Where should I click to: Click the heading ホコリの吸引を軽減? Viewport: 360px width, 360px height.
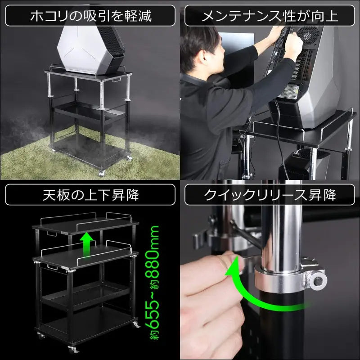pos(91,16)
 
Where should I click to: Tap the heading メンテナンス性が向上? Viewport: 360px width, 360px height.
pos(270,16)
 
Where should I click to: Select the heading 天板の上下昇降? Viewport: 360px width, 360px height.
pos(91,195)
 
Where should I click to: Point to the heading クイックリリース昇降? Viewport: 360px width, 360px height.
pos(270,195)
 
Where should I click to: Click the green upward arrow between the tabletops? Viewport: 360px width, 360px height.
pos(86,244)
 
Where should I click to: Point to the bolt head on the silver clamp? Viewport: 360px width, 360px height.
pos(318,281)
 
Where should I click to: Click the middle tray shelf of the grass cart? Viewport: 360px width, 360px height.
pos(89,111)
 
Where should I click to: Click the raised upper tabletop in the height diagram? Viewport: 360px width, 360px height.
pos(86,226)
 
